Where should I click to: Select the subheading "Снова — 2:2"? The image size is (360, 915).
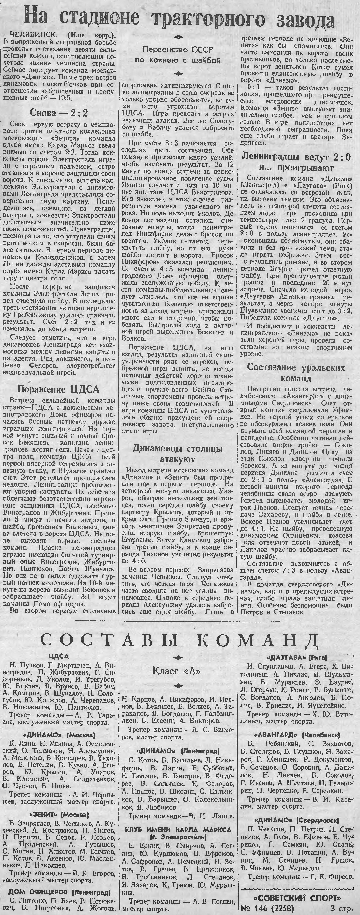point(58,113)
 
